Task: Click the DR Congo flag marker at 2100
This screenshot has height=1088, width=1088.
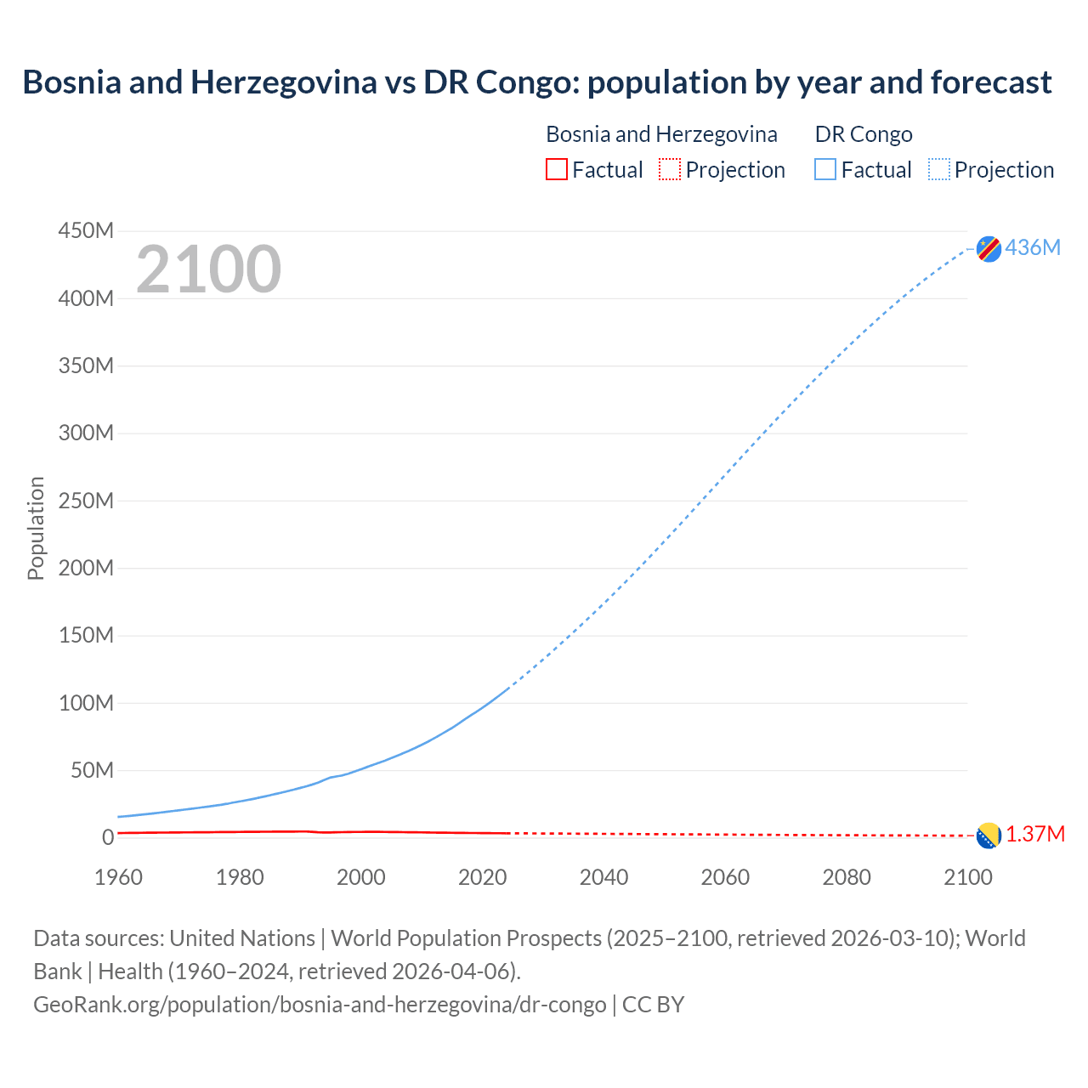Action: pos(989,248)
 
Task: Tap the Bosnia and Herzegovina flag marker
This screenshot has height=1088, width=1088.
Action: pos(989,836)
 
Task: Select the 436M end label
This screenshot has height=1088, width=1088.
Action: pos(1033,247)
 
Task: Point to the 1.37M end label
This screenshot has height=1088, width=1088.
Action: pos(1035,834)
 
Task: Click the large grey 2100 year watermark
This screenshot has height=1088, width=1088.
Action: pos(208,269)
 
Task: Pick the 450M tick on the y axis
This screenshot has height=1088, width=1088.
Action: pos(86,230)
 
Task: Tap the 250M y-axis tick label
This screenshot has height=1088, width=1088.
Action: pos(86,501)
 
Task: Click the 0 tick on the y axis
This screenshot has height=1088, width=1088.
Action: pos(107,837)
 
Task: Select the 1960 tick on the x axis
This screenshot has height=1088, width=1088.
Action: pos(118,877)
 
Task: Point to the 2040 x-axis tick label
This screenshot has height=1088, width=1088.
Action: pos(603,877)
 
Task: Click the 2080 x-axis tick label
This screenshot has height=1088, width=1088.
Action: pos(847,877)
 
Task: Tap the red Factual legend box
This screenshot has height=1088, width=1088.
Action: pos(556,169)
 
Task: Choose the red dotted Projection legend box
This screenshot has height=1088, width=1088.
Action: pos(670,169)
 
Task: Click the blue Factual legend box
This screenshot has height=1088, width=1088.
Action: pos(824,169)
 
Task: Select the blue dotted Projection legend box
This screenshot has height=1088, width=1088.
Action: pos(939,169)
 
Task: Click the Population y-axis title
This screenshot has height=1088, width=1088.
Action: pos(36,528)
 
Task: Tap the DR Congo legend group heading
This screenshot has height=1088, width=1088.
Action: pos(864,134)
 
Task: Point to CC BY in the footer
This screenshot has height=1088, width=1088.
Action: pos(653,1004)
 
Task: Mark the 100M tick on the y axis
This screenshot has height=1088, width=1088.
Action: pos(86,703)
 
